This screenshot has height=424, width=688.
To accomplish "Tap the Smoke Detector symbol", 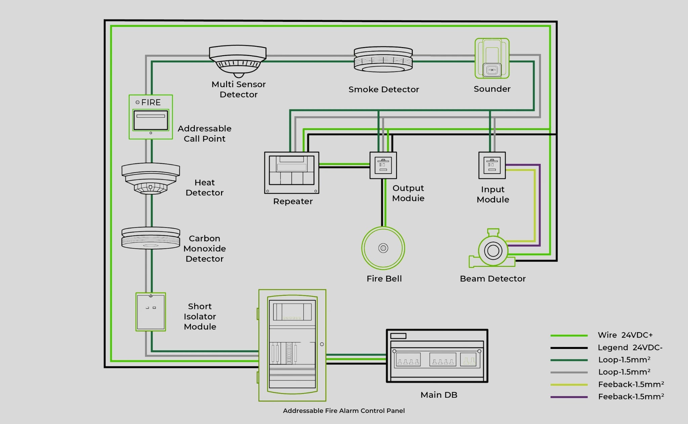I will (x=383, y=60).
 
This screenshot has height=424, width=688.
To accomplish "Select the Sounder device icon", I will (x=492, y=58).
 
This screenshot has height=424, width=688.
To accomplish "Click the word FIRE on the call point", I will (x=151, y=102).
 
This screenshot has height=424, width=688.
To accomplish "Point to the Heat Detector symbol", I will (x=150, y=179).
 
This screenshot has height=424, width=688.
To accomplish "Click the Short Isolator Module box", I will (x=151, y=312).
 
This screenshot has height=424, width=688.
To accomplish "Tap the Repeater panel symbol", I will (x=292, y=173).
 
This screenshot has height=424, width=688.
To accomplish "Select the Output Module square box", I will (x=383, y=165).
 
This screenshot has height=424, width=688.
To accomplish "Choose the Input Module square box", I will (x=492, y=165).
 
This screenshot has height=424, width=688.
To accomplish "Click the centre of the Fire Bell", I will (x=383, y=248).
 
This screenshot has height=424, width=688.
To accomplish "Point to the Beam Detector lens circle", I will (x=493, y=251).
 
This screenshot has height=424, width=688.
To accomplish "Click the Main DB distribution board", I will (x=437, y=356).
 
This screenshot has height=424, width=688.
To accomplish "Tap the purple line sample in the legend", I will (x=569, y=397).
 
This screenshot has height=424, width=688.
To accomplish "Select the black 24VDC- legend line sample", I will (x=569, y=348).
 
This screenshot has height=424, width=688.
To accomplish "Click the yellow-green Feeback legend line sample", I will (x=569, y=385).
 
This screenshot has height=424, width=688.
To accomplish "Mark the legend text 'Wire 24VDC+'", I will (x=625, y=335).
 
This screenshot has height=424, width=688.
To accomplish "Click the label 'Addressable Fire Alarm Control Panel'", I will (x=344, y=411).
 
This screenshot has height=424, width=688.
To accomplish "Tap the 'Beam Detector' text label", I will (x=492, y=279).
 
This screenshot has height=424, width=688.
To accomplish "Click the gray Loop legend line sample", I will (x=569, y=373).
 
